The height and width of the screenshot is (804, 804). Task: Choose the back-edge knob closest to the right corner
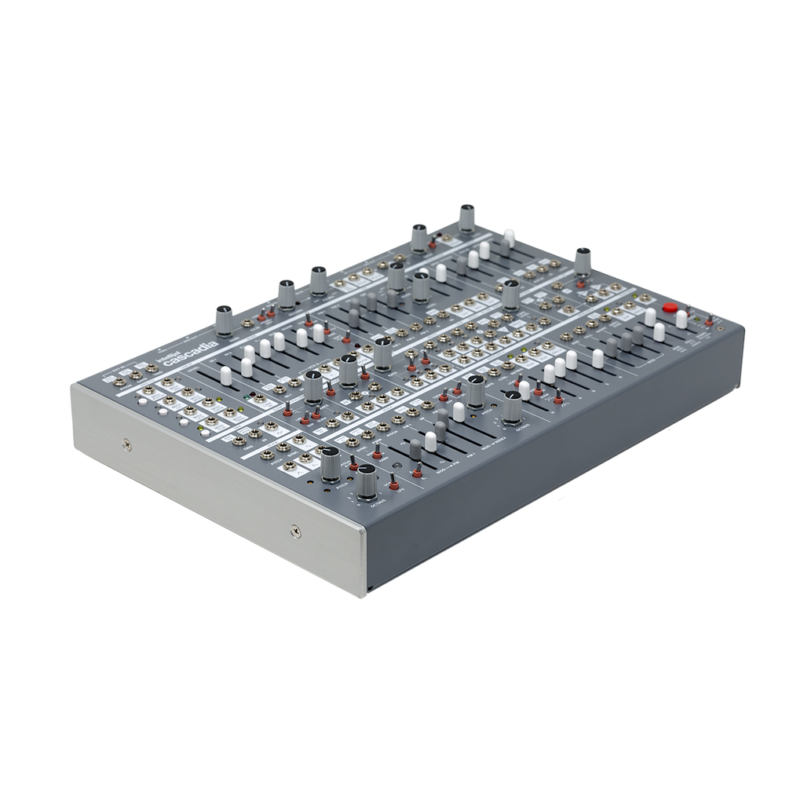581,260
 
